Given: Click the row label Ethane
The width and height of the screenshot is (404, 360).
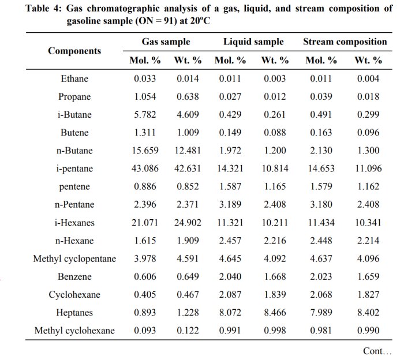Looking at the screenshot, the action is coord(74,78).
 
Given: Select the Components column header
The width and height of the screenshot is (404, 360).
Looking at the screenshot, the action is coord(74,51).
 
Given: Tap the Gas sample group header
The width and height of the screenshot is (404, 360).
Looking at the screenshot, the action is coord(166,42).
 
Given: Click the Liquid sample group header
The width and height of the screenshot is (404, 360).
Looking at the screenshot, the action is coord(253,42).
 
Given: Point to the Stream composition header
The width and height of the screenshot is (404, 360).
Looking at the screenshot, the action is coord(345,42).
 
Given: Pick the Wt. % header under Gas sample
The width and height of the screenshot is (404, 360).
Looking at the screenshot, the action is coord(188,60).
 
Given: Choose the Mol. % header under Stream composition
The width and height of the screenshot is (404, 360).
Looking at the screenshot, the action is coord(321,60).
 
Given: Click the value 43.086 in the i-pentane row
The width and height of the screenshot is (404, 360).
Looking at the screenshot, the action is coord(145,168).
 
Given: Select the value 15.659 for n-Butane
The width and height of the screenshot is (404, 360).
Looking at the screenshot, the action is coord(145,151).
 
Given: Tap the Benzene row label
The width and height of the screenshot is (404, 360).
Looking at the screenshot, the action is coord(74,276).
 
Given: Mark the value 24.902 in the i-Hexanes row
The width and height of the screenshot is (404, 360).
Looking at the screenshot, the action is coord(188,223).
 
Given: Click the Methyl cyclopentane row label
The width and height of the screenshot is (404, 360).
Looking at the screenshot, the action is coord(74,258).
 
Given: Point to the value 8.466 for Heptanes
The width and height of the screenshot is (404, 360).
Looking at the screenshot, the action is coord(275,312).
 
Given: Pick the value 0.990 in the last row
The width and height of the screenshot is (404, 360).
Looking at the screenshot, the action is coord(368,331).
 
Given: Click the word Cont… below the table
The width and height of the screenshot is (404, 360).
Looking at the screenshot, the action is coord(377,351).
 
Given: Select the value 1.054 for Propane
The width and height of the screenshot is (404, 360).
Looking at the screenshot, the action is coord(145,96).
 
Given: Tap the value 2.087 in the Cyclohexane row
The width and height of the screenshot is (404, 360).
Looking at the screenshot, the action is coord(230,294).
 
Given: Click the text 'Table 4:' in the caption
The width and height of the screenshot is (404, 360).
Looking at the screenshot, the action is coord(44,9).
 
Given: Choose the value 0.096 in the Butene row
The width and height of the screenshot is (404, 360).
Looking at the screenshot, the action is coord(368,132).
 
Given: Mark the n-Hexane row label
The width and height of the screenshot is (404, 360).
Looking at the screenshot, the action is coord(74,241).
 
